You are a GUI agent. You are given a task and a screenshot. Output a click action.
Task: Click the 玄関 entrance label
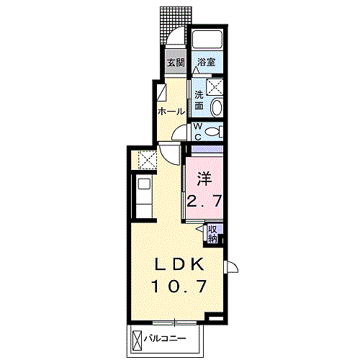176,63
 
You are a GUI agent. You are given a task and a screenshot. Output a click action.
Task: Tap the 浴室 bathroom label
207,63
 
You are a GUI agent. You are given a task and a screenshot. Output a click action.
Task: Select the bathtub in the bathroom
208,40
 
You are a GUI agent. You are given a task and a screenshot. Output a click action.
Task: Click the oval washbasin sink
217,107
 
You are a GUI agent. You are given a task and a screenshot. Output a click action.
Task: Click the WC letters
198,132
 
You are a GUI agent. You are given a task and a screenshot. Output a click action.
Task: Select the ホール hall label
171,112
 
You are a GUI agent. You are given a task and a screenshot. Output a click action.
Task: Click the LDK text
180,263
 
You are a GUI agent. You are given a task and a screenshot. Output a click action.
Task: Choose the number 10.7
180,287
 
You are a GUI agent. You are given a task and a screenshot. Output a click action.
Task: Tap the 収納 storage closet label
213,233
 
